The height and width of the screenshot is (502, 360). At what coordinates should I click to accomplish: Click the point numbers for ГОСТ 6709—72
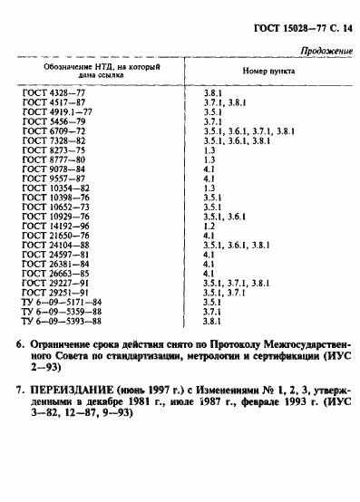(x=248, y=131)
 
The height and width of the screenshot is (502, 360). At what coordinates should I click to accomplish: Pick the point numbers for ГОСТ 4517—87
(x=227, y=102)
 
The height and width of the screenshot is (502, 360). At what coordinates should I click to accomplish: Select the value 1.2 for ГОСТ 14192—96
(x=209, y=226)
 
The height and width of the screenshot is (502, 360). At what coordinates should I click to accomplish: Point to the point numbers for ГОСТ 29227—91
(x=241, y=283)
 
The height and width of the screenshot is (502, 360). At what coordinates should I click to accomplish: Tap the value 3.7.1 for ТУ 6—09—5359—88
(x=213, y=311)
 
